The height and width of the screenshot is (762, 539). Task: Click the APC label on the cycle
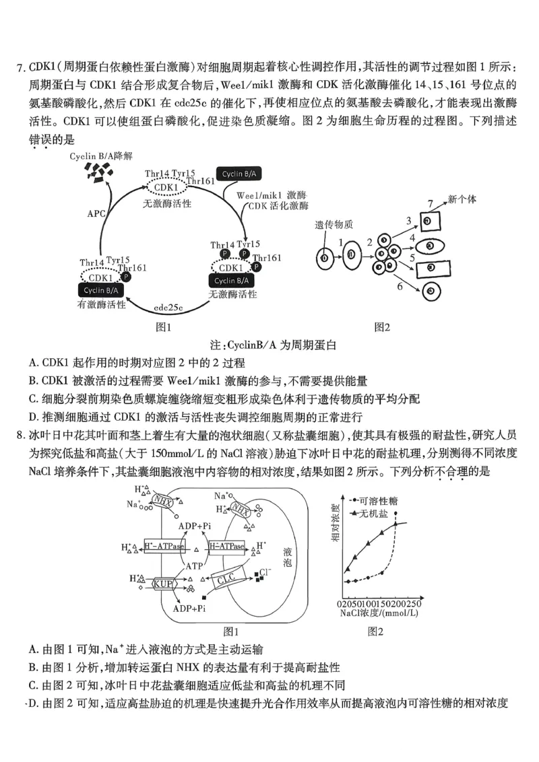(96, 213)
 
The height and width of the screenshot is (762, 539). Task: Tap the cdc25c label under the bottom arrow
(168, 308)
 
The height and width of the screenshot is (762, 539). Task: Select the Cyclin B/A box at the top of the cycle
(237, 174)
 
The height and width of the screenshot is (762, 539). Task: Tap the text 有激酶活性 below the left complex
(102, 304)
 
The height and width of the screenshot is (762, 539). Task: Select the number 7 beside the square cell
(430, 203)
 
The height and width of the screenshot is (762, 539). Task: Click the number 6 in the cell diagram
(400, 286)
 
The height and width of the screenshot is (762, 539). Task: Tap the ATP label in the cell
(194, 566)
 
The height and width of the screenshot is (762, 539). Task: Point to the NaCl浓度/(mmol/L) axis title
(379, 613)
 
